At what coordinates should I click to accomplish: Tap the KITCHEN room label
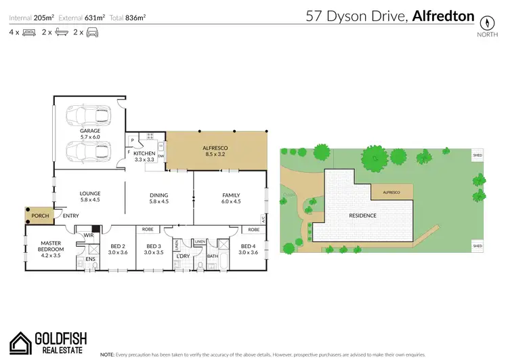[x=144, y=154]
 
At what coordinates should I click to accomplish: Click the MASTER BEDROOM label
[x=51, y=246]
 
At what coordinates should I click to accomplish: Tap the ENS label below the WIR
[x=89, y=258]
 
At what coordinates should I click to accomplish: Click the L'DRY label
[x=183, y=256]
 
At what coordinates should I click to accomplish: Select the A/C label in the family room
[x=263, y=218]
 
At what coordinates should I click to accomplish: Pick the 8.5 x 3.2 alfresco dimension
[x=216, y=154]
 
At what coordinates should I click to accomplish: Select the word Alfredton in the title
[x=443, y=16]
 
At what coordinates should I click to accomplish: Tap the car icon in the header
[x=93, y=32]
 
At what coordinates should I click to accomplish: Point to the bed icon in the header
[x=28, y=32]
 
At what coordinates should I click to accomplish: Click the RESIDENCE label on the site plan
[x=363, y=216]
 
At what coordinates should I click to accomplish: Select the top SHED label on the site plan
[x=478, y=156]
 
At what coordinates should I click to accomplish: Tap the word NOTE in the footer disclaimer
[x=108, y=354]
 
